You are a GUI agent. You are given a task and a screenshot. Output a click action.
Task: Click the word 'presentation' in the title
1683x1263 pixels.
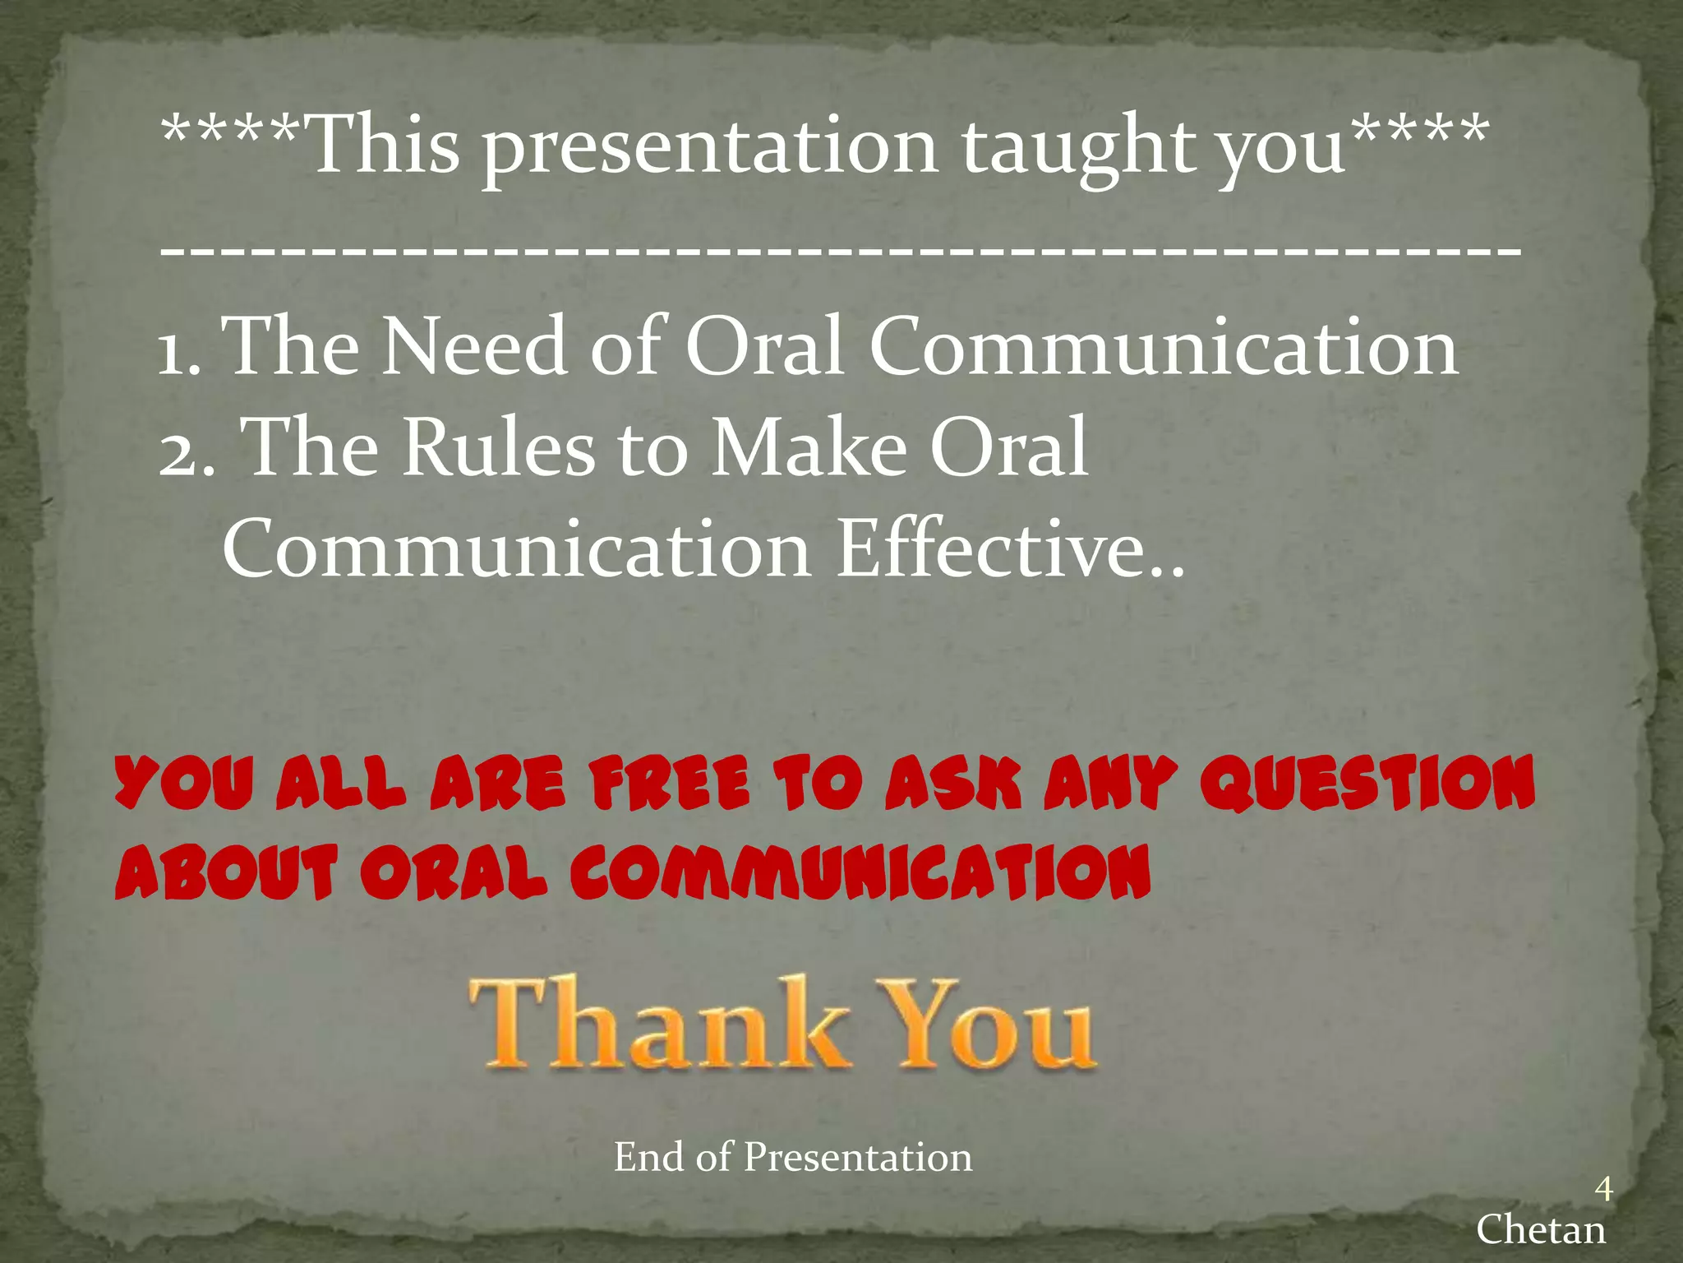pos(709,148)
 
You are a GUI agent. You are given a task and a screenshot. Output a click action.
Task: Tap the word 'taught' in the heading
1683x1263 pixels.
pos(1078,148)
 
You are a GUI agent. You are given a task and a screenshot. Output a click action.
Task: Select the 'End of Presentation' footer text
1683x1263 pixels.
pos(792,1158)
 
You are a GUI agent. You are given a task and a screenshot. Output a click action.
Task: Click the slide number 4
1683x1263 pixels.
pos(1602,1189)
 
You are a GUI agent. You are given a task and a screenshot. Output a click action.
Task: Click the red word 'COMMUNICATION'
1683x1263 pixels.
pos(860,872)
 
